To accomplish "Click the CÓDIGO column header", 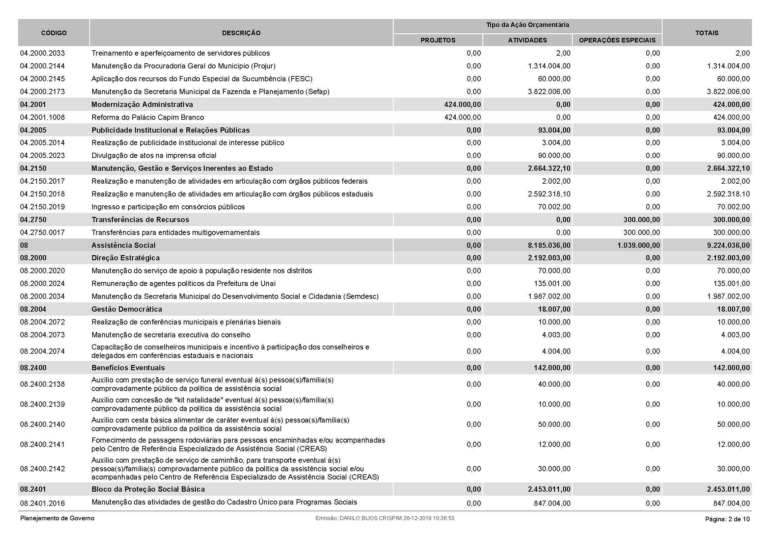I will [54, 33].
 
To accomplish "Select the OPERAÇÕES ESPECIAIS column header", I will [617, 40].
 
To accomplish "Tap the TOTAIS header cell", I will [706, 33].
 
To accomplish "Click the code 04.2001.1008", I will [42, 117].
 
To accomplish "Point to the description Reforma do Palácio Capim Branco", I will [147, 117].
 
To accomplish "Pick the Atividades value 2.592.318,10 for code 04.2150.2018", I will [549, 194].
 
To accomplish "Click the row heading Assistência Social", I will [123, 246].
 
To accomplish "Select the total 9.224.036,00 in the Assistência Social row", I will [728, 246].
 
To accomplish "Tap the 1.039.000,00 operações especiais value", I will [639, 246].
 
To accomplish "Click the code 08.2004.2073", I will [42, 335].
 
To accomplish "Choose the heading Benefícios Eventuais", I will [128, 368].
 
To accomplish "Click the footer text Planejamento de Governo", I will [57, 518].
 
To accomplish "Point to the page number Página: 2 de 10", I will [728, 519].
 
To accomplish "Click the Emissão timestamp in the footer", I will [385, 518].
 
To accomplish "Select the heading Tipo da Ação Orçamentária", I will [527, 25].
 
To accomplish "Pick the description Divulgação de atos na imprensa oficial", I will [154, 156].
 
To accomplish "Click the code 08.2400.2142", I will [42, 469].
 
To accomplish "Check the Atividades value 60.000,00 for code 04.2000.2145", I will [554, 79].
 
